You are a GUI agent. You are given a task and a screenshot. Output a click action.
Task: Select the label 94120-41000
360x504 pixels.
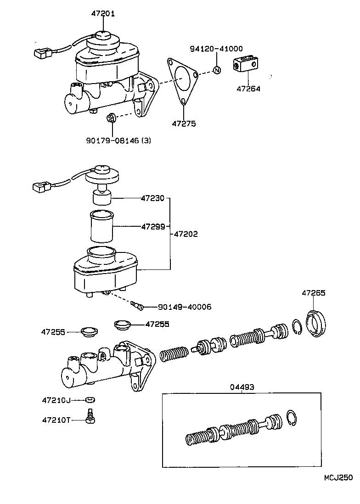pyautogui.click(x=217, y=49)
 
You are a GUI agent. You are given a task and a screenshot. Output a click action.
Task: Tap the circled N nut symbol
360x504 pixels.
pyautogui.click(x=217, y=70)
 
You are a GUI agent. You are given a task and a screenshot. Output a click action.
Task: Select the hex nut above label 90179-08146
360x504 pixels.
pyautogui.click(x=110, y=118)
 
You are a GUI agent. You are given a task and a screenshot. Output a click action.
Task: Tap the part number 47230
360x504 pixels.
pyautogui.click(x=152, y=199)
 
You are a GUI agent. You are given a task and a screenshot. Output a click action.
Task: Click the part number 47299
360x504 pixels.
pyautogui.click(x=152, y=226)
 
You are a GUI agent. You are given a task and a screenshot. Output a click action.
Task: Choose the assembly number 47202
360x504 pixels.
pyautogui.click(x=186, y=234)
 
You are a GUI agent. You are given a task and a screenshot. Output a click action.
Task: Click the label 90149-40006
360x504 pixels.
pyautogui.click(x=185, y=307)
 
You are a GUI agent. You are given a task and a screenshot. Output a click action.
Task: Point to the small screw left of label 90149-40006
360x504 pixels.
pyautogui.click(x=136, y=304)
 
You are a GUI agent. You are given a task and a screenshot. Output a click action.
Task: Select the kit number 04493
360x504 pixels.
pyautogui.click(x=242, y=387)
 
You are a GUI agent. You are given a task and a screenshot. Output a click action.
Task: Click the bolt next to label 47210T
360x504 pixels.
pyautogui.click(x=90, y=415)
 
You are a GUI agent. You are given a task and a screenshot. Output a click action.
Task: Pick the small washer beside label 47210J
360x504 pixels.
pyautogui.click(x=90, y=399)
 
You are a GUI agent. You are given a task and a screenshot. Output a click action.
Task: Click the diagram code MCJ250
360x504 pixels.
pyautogui.click(x=337, y=477)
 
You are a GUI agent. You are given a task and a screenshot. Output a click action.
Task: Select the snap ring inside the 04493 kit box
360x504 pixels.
pyautogui.click(x=292, y=419)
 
